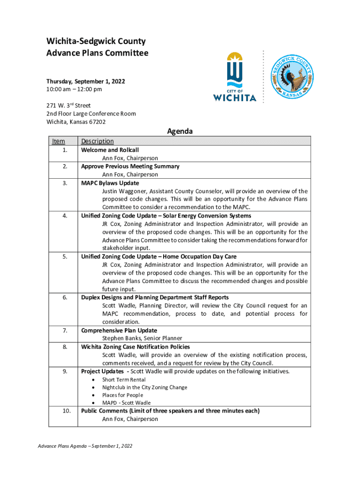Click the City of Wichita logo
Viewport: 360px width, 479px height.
[x=235, y=77]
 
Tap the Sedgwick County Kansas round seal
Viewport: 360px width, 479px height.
[x=293, y=77]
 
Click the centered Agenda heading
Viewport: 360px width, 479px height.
[x=180, y=131]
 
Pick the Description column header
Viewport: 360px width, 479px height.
[x=97, y=141]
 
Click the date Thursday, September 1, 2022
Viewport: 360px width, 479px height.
[x=86, y=81]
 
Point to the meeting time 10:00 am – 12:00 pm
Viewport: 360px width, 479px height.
[x=74, y=89]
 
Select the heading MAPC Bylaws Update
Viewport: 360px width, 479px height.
[x=110, y=183]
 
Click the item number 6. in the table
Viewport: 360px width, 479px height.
[x=65, y=298]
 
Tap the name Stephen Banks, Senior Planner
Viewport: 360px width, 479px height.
[x=142, y=338]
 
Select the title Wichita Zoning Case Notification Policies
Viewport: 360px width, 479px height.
[x=136, y=347]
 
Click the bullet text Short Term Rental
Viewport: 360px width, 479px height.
[x=124, y=380]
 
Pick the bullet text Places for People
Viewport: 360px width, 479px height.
[x=123, y=395]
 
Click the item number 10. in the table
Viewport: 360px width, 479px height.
[x=66, y=411]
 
